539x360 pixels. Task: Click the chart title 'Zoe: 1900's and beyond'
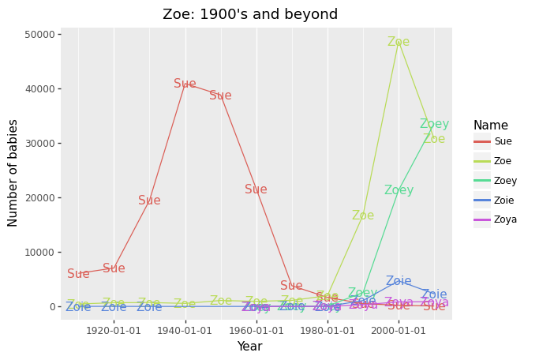[250, 14]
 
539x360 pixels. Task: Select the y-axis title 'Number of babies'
[13, 173]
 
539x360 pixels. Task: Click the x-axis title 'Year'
[249, 347]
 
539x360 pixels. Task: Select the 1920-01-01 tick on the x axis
[114, 330]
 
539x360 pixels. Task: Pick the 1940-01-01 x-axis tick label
[185, 330]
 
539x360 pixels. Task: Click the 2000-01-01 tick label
[399, 330]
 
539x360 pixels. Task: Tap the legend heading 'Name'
[491, 126]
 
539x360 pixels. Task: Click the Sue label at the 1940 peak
[185, 84]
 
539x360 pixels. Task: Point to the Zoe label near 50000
[399, 42]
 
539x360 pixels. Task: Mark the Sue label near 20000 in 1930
[149, 201]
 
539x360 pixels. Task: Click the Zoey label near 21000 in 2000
[399, 190]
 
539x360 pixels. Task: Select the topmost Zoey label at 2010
[434, 124]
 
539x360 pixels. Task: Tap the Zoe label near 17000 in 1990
[363, 216]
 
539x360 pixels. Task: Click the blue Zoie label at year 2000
[399, 281]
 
